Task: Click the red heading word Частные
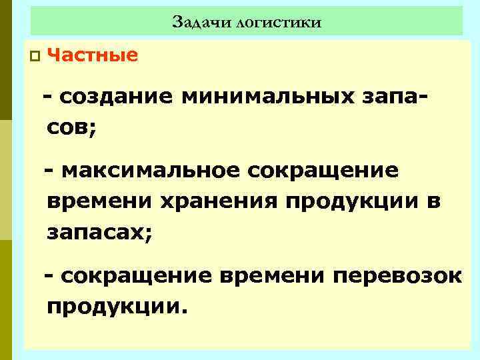93,55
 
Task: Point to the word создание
117,97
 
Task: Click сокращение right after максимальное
323,171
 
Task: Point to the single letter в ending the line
434,201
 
